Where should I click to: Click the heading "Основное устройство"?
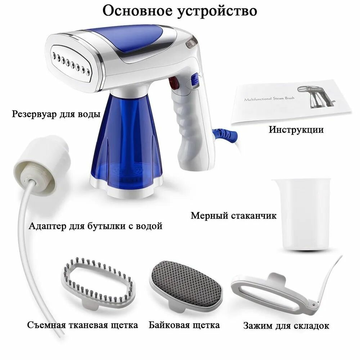click(x=180, y=11)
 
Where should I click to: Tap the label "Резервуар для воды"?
click(x=56, y=114)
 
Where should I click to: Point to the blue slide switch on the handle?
click(x=195, y=80)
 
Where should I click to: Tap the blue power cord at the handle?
click(x=225, y=134)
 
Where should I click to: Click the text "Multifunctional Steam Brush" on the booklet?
click(x=269, y=99)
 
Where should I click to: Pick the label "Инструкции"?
click(x=296, y=130)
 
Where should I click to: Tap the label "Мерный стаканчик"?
click(x=234, y=216)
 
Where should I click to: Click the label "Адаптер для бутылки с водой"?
click(x=95, y=226)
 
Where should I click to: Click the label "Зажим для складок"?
click(x=286, y=326)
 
